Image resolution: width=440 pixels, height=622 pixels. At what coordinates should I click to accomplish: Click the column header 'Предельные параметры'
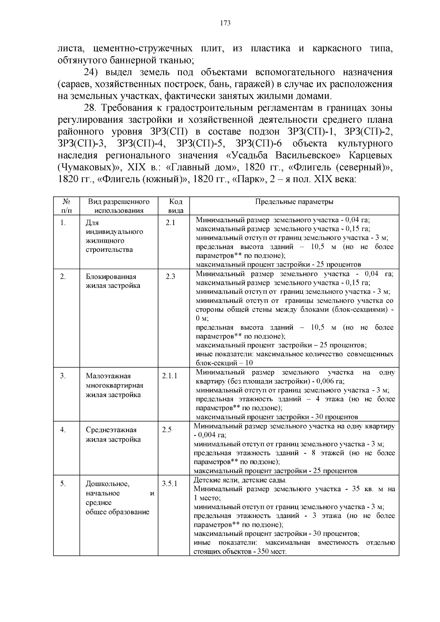click(294, 202)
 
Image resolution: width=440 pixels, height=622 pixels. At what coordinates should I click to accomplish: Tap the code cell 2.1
click(170, 223)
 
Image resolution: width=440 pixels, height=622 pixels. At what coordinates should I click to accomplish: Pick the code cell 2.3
click(170, 277)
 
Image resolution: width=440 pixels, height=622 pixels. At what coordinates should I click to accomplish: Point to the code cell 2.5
click(167, 430)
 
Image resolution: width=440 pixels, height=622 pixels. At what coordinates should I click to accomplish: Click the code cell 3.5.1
click(169, 483)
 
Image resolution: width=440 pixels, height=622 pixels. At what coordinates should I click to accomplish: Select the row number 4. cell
click(63, 430)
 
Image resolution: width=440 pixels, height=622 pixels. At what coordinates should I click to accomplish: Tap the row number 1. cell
click(63, 223)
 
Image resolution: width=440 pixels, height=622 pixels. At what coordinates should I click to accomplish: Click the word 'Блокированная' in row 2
click(111, 277)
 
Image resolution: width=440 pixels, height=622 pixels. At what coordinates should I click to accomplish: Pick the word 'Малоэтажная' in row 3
click(109, 376)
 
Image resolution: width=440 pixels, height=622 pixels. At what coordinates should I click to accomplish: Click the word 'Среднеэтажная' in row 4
click(111, 430)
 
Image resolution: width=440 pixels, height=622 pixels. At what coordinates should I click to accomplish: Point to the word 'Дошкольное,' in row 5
click(108, 484)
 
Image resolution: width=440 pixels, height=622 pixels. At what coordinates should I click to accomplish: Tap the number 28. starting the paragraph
click(91, 108)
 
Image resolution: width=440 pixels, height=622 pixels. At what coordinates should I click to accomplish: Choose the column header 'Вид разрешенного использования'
click(119, 206)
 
